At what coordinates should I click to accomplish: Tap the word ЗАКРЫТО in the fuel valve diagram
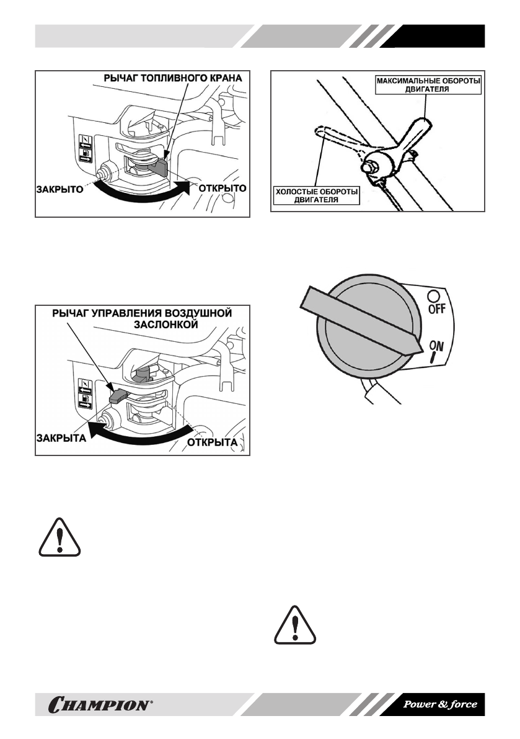(x=57, y=189)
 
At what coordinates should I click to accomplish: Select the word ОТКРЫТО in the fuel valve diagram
(x=223, y=187)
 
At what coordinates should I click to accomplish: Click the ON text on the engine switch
(x=436, y=349)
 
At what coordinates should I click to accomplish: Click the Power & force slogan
(x=440, y=705)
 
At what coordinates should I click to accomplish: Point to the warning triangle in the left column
(x=59, y=536)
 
